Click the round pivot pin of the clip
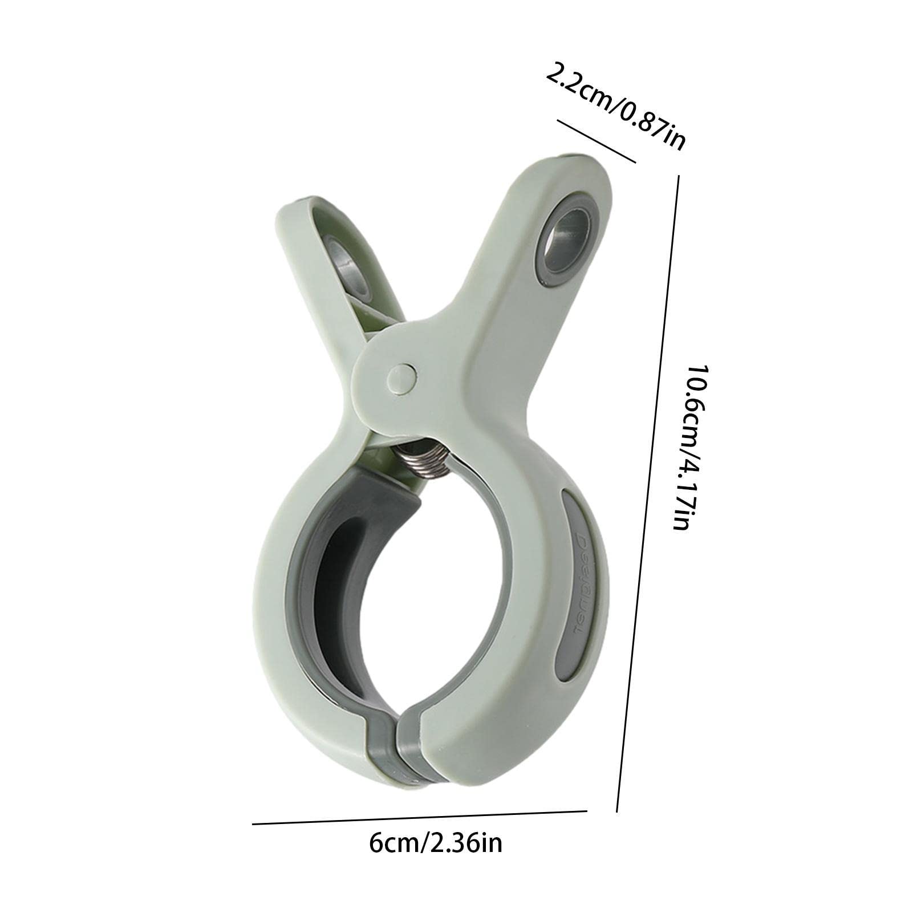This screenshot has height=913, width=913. point(401,379)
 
